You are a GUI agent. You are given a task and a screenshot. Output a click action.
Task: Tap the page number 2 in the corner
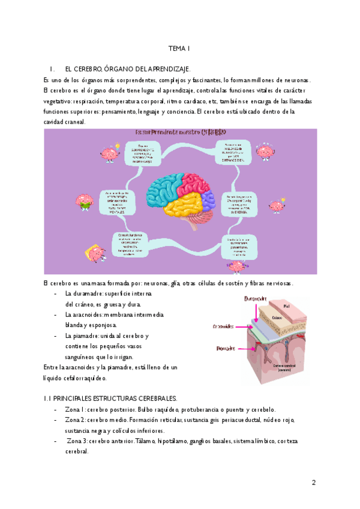point(313,482)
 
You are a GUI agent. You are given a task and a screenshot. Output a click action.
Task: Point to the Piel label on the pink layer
point(287,306)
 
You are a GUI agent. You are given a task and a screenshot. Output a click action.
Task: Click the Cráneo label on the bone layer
point(277,318)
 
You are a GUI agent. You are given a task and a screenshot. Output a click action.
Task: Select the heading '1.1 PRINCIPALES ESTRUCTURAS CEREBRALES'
point(110,398)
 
